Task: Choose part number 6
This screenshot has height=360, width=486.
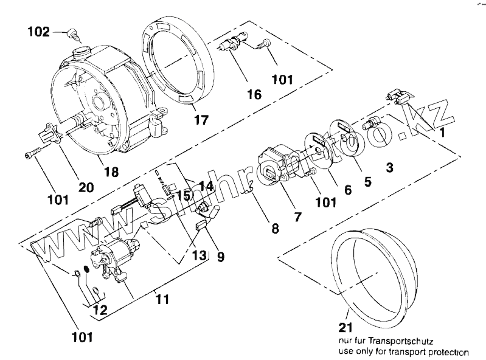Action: coord(347,190)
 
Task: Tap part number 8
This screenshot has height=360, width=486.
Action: coord(275,229)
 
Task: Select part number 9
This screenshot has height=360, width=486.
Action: coord(220,257)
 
